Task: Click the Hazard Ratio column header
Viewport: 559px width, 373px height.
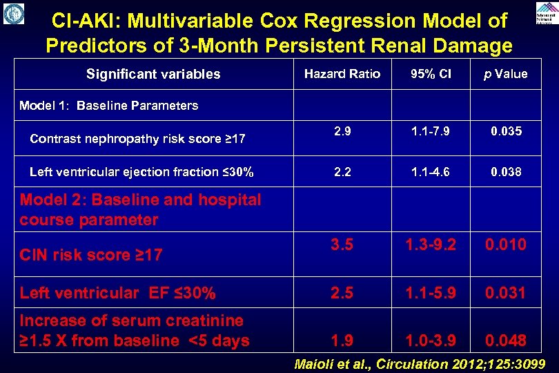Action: click(342, 74)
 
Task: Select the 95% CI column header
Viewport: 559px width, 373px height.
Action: click(430, 74)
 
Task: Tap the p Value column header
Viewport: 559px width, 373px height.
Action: click(505, 74)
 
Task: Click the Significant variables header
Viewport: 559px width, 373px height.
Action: click(153, 74)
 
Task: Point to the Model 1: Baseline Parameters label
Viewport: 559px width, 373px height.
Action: click(108, 106)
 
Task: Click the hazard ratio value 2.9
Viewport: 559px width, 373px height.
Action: click(342, 131)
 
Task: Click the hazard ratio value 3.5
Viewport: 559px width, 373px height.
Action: click(342, 245)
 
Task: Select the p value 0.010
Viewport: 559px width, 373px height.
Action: click(505, 245)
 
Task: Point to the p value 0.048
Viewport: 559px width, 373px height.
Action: click(505, 341)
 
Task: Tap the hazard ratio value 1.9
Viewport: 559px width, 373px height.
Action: click(342, 341)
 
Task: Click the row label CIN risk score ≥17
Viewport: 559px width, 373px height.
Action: click(91, 255)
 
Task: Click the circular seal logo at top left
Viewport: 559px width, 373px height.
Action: click(13, 13)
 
